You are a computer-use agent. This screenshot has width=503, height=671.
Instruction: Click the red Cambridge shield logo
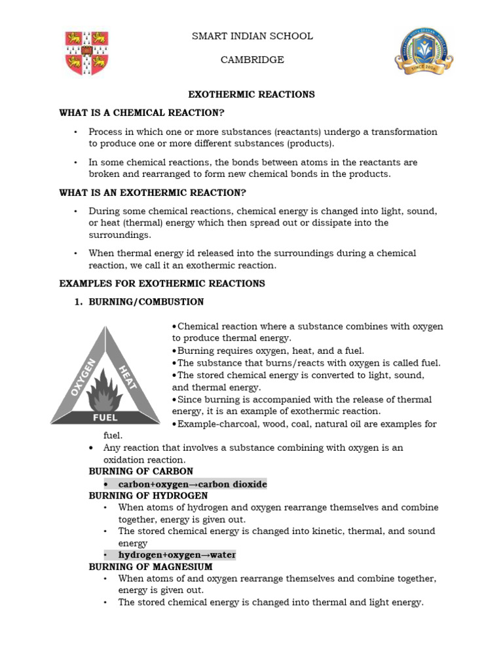[86, 53]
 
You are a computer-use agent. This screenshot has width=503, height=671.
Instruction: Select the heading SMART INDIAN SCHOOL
[252, 36]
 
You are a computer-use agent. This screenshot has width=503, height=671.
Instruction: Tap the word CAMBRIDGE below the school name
[252, 60]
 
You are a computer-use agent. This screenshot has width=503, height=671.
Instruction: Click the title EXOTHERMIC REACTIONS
[252, 94]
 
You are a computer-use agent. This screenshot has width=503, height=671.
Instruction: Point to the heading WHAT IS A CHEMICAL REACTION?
[142, 113]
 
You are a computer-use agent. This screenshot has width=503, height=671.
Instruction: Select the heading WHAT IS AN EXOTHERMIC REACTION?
[153, 193]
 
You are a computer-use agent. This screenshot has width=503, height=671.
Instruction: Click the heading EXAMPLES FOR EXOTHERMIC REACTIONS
[162, 284]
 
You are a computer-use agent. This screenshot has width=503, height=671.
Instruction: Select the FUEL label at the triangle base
[105, 417]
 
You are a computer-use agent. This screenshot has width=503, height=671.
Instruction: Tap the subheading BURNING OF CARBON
[141, 472]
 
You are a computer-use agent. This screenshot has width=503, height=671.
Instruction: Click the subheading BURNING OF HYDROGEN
[148, 495]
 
